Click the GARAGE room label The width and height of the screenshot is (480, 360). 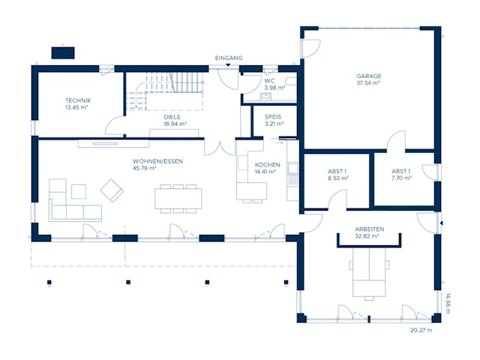369,76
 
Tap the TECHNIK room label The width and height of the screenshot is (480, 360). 78,100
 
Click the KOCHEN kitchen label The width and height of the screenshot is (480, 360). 267,164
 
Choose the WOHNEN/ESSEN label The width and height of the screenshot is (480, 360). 157,161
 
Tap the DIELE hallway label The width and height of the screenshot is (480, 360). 174,117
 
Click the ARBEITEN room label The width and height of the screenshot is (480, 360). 370,229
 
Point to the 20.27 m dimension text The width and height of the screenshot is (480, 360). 421,329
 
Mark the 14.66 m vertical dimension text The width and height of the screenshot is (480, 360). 448,303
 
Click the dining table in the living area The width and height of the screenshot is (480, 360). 178,197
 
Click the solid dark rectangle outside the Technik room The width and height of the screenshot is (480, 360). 62,52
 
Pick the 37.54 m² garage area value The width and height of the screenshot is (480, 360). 369,84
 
